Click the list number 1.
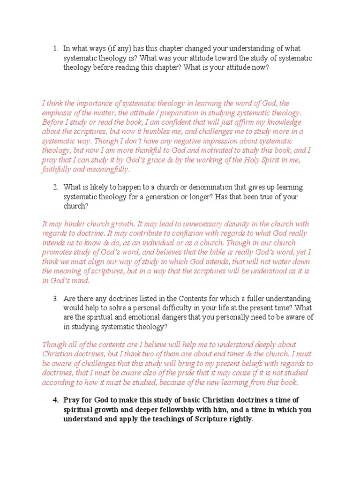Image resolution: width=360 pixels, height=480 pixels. (55, 49)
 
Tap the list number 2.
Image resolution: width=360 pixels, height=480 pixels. (55, 187)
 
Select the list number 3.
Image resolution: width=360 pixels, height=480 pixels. (55, 299)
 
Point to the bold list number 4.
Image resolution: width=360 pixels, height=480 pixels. (55, 400)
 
